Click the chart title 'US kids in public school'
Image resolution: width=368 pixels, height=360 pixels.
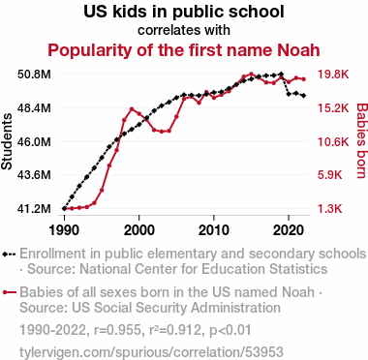(184, 12)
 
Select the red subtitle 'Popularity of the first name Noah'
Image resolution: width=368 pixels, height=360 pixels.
(184, 50)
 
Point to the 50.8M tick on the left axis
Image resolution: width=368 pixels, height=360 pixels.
(34, 75)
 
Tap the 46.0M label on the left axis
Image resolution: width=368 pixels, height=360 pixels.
(34, 141)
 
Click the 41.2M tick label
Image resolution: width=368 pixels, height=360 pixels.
(34, 209)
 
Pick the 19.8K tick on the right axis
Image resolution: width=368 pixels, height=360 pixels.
(333, 75)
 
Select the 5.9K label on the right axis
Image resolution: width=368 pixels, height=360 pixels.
(329, 175)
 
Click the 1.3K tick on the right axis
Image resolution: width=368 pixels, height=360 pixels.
(329, 209)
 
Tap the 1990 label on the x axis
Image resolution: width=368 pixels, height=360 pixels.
(64, 230)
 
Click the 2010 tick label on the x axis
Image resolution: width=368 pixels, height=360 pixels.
(214, 230)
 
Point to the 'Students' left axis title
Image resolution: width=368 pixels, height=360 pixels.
(7, 141)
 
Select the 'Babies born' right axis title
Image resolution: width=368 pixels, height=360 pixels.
(362, 140)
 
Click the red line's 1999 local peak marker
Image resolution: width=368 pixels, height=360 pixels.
(132, 109)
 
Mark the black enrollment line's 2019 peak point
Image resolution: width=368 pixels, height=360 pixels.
(281, 75)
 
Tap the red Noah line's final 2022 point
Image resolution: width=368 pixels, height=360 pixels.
(304, 79)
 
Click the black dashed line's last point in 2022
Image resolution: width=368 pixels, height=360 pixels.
(304, 96)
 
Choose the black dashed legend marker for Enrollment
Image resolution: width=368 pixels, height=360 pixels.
(9, 255)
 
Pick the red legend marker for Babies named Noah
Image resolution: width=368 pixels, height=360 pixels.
(9, 292)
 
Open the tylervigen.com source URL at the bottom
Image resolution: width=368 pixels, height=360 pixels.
(151, 352)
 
